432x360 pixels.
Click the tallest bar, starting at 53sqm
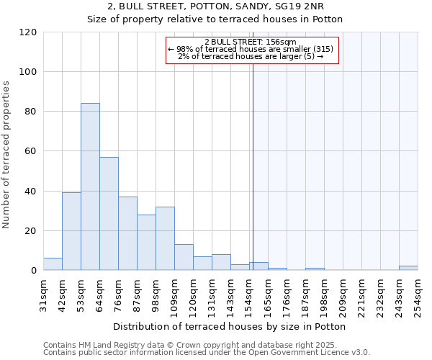pyautogui.click(x=90, y=186)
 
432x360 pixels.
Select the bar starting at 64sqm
pyautogui.click(x=109, y=214)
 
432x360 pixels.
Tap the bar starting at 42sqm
pyautogui.click(x=71, y=231)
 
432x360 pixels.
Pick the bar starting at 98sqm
pyautogui.click(x=165, y=238)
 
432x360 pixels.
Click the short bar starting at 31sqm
pyautogui.click(x=53, y=264)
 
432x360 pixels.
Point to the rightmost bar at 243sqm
pyautogui.click(x=408, y=268)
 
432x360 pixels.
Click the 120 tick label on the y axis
pyautogui.click(x=28, y=32)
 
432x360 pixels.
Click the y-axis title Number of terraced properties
pyautogui.click(x=6, y=155)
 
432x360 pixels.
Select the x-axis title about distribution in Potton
pyautogui.click(x=230, y=326)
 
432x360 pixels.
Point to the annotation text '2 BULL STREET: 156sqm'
pyautogui.click(x=250, y=42)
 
